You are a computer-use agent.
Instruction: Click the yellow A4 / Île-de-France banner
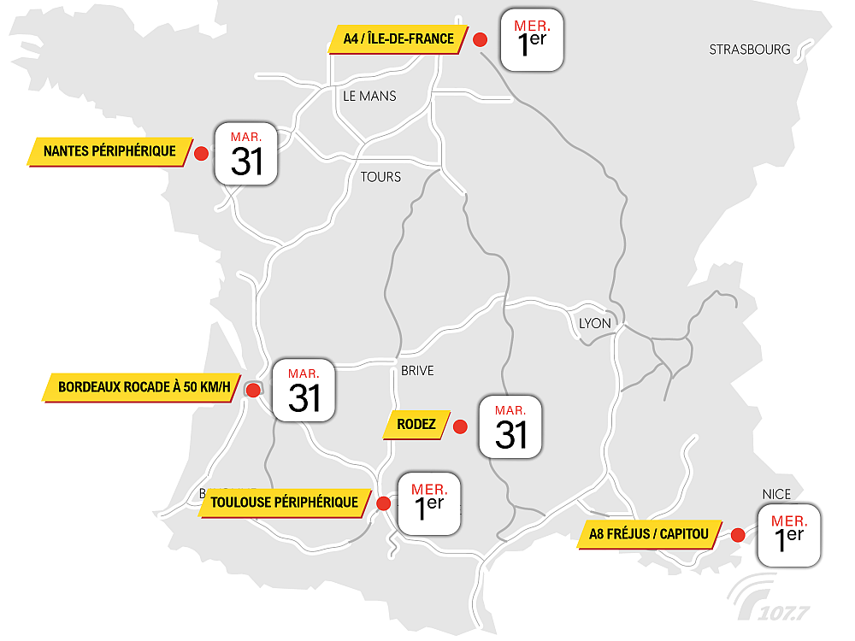pos(398,39)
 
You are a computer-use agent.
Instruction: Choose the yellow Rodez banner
pos(416,425)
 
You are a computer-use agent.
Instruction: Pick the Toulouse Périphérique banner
pos(285,503)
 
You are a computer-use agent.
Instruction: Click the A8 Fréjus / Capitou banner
pos(649,535)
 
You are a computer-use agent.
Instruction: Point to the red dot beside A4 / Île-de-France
pos(481,39)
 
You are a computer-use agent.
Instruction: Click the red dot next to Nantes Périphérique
pos(202,153)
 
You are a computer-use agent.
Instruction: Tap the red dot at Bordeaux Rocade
pos(253,391)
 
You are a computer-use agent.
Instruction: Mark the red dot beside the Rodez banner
pos(460,426)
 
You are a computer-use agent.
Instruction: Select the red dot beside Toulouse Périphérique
pos(384,503)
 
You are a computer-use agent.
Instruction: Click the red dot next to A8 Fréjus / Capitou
pos(738,535)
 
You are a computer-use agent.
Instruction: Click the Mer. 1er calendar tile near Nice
pos(788,534)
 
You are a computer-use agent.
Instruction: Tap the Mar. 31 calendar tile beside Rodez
pos(510,426)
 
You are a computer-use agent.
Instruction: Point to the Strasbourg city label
pos(750,50)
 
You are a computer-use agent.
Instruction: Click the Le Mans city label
pos(369,96)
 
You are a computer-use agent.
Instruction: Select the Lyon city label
pos(595,323)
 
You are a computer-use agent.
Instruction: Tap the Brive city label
pos(417,371)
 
